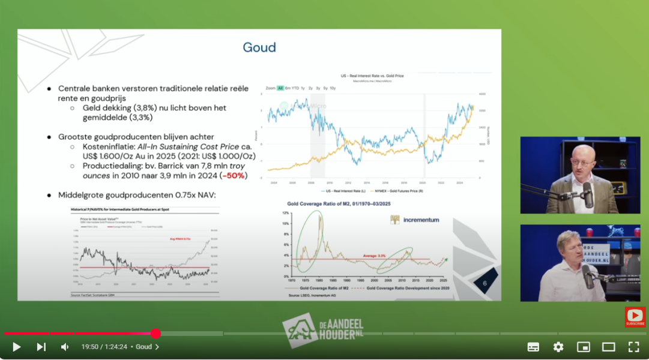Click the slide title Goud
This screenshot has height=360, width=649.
point(259,47)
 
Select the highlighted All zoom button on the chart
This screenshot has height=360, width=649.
point(280,88)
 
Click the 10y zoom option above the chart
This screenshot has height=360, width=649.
point(333,88)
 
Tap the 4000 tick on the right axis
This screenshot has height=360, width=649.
point(481,94)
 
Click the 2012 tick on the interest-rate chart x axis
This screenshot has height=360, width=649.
point(348,182)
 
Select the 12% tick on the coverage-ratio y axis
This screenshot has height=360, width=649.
point(286,214)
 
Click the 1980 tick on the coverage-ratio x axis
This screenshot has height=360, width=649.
point(319,280)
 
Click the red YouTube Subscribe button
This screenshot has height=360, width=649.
point(635,317)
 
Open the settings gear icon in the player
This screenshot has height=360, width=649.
point(558,347)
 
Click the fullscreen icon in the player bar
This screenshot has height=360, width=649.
point(633,347)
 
